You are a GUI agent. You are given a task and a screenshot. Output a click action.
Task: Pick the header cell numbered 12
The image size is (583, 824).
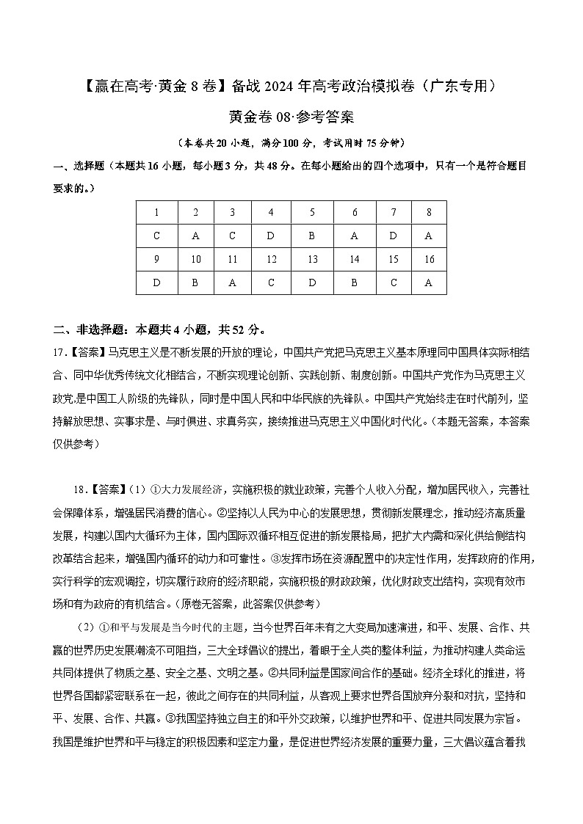271,259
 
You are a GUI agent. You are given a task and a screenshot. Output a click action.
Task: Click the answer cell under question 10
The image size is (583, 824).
195,282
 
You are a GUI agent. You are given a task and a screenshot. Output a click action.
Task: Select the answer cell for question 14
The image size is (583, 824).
355,282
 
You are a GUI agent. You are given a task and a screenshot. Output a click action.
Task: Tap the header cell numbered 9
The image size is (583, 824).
156,259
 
